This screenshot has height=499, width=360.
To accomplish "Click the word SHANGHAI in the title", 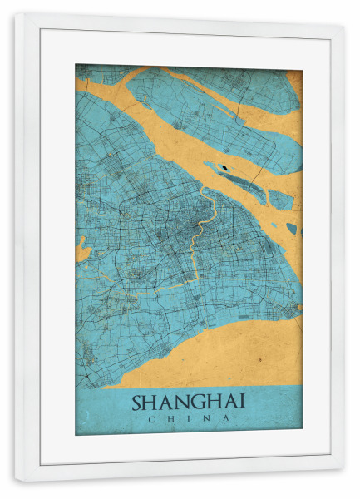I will [x=188, y=401].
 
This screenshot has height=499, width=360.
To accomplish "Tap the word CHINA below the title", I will [x=188, y=418].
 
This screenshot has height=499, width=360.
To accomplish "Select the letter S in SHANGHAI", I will [x=137, y=401].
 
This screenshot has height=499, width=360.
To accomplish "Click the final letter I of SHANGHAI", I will [x=242, y=401].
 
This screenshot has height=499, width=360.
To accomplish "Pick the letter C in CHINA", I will [x=150, y=418].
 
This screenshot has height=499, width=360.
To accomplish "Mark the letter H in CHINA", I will [x=170, y=418].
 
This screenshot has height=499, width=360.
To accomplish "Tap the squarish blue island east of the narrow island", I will [x=280, y=200].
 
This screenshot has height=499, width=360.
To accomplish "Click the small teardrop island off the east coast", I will [x=291, y=227].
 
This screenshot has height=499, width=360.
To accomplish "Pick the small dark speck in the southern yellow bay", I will [x=259, y=360].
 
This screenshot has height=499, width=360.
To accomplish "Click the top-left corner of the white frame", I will [x=17, y=15].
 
